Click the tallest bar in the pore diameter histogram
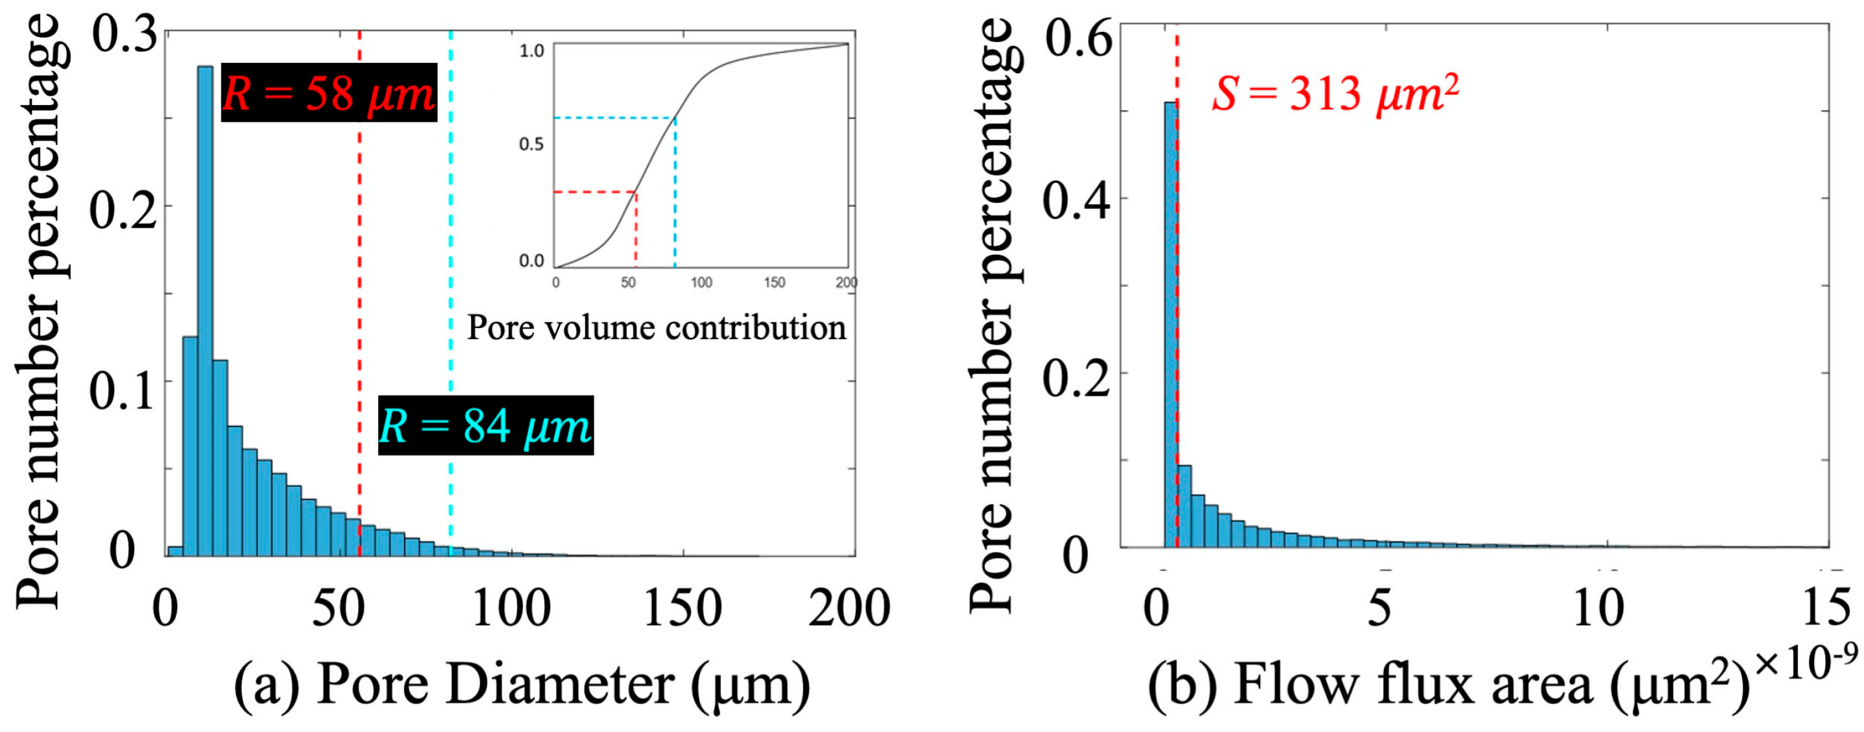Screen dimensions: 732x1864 206,311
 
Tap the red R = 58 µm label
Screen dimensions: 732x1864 328,93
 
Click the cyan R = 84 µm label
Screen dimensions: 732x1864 485,425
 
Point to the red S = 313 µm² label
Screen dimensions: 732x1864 1336,94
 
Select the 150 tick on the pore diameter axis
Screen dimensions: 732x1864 683,608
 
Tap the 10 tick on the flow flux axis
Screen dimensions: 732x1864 1599,608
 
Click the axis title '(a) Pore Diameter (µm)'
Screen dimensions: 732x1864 522,684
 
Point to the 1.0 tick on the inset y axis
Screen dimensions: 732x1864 531,51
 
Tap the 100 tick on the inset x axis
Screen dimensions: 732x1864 701,282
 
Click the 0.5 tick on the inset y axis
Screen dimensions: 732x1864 531,144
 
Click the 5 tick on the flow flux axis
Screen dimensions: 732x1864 1379,608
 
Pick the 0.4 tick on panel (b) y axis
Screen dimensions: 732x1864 1077,200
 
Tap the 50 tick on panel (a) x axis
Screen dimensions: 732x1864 337,608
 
